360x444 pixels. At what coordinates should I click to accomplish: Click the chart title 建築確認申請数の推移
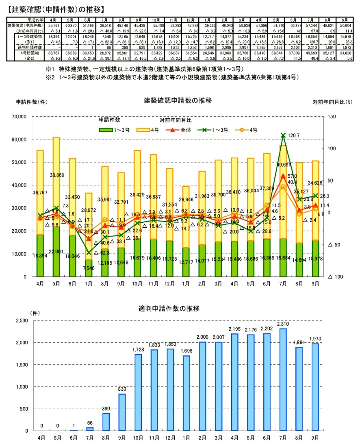coord(178,100)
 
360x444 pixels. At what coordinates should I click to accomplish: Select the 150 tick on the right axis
coord(331,117)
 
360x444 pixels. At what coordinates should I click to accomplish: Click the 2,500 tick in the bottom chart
coord(21,321)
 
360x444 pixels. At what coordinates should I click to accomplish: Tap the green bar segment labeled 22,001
coord(56,252)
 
